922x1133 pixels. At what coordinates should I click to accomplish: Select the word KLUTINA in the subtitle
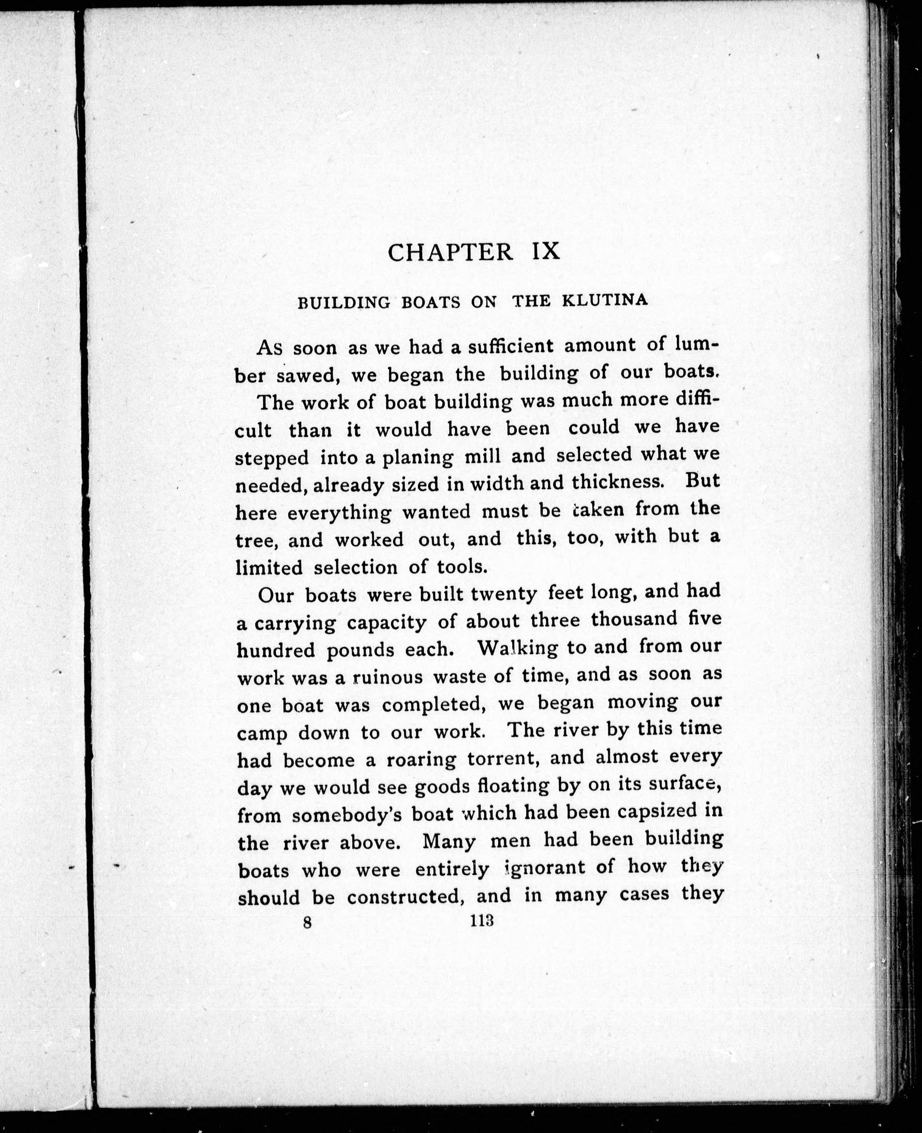[x=604, y=300]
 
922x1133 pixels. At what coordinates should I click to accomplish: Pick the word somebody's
[x=345, y=814]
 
